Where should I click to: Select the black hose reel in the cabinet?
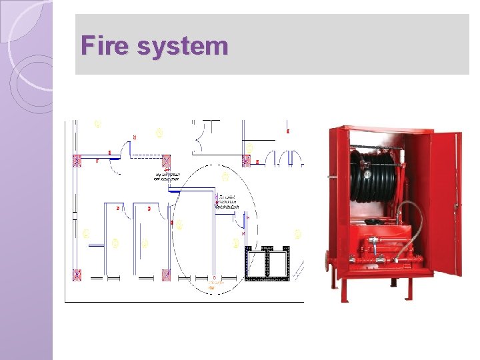tap(377, 176)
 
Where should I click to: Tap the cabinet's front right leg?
tap(407, 287)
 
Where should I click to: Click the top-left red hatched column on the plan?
tap(77, 161)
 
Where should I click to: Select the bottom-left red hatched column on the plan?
tap(77, 274)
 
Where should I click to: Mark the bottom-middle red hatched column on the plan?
tap(166, 274)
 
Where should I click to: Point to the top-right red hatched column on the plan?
tap(246, 161)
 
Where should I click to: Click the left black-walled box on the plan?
tap(256, 263)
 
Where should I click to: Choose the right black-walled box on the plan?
tap(279, 263)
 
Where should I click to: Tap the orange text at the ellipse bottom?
tap(214, 285)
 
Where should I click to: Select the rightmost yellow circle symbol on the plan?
tap(297, 234)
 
